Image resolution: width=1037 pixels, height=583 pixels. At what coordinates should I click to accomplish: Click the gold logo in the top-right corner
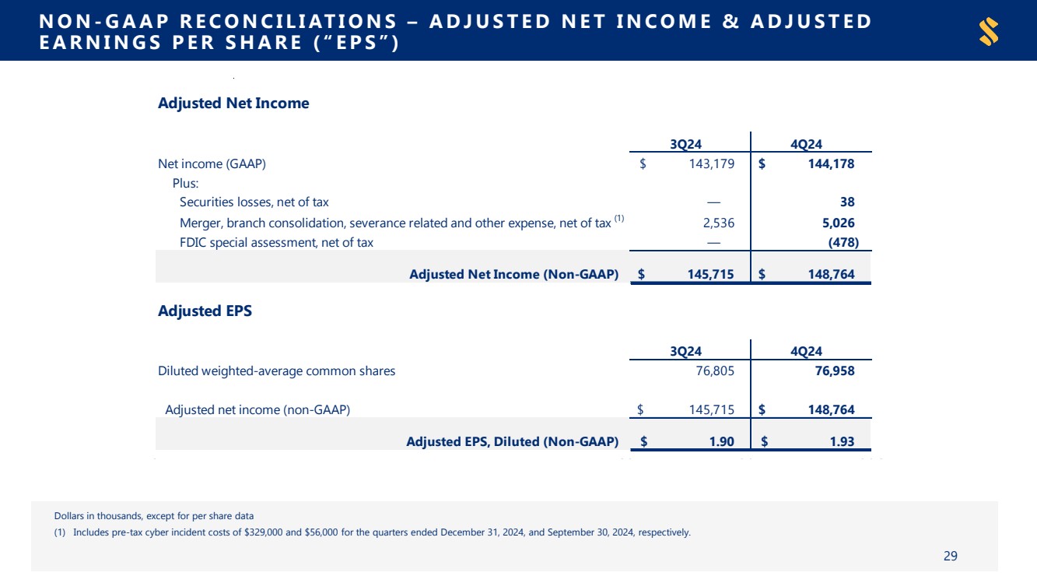click(x=989, y=32)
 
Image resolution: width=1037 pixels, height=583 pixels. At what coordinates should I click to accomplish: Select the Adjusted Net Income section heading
click(x=233, y=104)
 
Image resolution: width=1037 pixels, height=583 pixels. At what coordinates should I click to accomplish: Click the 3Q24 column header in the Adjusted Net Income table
click(x=688, y=143)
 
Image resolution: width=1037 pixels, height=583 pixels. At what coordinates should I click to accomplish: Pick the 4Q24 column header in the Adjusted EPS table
click(x=806, y=351)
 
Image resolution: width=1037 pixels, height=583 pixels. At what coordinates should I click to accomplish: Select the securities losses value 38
click(x=847, y=202)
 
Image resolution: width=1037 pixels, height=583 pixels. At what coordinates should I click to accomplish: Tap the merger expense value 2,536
click(x=718, y=223)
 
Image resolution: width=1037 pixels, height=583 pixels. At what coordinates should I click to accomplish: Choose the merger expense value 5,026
click(x=838, y=223)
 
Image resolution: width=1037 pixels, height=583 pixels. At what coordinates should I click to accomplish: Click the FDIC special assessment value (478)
click(x=842, y=243)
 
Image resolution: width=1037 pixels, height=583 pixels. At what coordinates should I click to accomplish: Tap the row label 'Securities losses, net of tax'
click(x=254, y=202)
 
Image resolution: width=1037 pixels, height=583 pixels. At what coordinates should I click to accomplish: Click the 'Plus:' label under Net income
click(x=185, y=183)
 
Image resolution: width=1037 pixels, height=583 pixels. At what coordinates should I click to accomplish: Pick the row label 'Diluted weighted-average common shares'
click(x=276, y=371)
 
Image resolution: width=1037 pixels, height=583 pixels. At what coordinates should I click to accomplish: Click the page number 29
click(x=950, y=556)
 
